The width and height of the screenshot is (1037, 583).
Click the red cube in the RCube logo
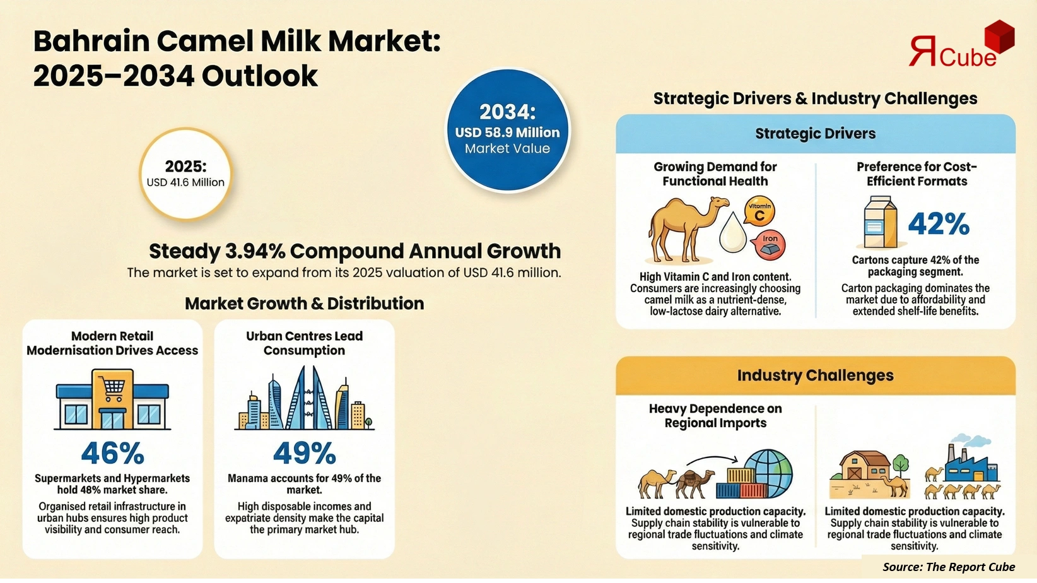[999, 36]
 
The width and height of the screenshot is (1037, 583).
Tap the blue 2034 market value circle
[508, 131]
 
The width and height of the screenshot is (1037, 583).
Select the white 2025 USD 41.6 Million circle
[185, 174]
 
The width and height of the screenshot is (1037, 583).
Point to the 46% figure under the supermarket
[112, 453]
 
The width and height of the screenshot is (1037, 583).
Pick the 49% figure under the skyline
[304, 453]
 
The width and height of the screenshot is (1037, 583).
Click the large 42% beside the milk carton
[938, 224]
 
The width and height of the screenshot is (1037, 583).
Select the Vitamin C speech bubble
[759, 211]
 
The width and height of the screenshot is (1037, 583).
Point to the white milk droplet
[732, 233]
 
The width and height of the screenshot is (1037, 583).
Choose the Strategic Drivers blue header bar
[815, 134]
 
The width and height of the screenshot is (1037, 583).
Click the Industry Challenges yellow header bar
[815, 375]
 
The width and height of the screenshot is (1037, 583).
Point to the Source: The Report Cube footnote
[948, 567]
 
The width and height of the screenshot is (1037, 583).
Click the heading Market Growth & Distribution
[304, 303]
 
